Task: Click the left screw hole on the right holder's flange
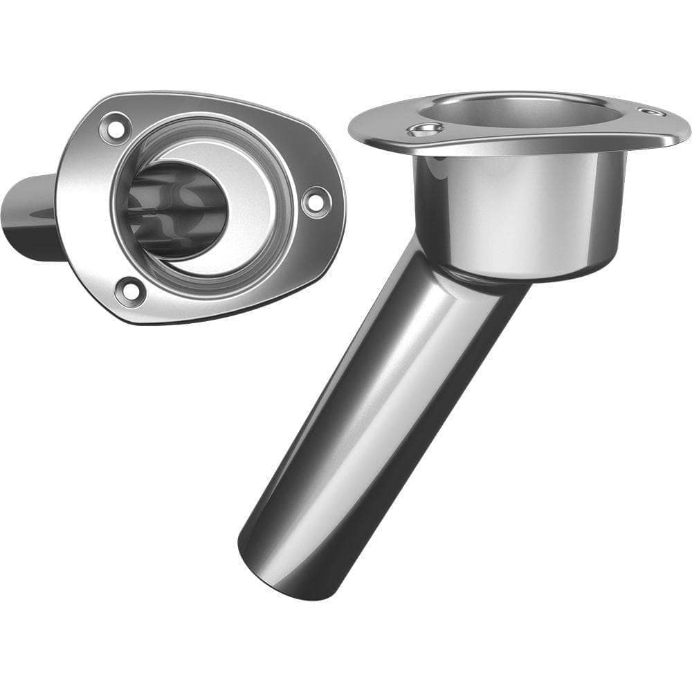click(423, 129)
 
